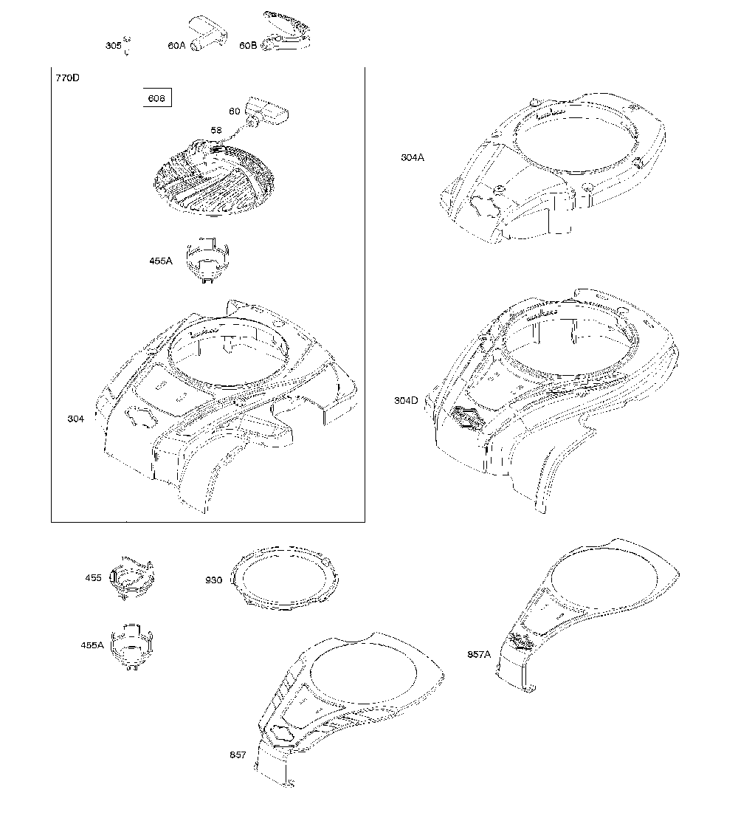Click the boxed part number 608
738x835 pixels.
point(157,98)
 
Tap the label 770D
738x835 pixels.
point(68,78)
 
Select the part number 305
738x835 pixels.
point(113,46)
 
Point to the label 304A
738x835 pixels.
point(413,158)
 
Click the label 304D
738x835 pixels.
point(407,400)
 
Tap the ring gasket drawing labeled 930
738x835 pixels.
point(286,578)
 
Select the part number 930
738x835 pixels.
point(213,580)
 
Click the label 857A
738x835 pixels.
point(479,654)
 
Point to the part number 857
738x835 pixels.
point(238,755)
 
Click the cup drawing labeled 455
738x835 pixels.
point(131,578)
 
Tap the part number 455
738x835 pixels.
point(93,578)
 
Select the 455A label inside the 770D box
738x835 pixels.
point(161,261)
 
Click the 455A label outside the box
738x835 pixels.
point(92,645)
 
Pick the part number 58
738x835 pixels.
point(216,131)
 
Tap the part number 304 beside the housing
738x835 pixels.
point(75,419)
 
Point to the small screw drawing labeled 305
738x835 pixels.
point(127,45)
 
